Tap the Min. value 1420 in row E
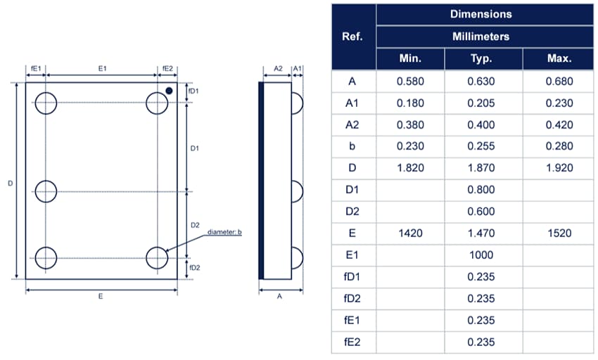point(410,233)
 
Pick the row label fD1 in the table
point(352,276)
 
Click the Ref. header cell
point(352,36)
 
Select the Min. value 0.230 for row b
point(410,146)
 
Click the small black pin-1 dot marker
point(170,90)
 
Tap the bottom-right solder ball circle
point(157,258)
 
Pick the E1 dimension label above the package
point(101,69)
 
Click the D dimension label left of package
point(10,183)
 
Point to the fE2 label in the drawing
point(167,69)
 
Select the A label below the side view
point(279,297)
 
